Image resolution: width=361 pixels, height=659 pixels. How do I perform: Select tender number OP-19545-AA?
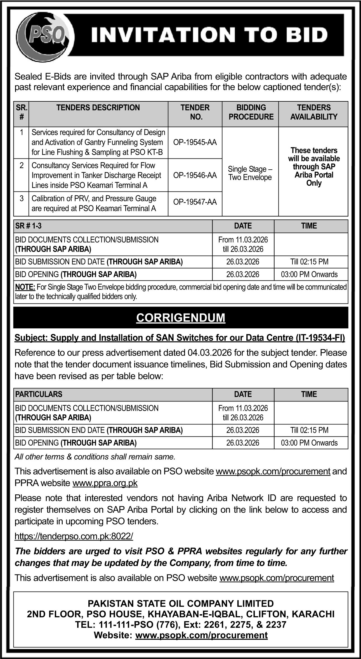click(x=195, y=142)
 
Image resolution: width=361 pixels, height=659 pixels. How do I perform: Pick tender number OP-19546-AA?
click(x=195, y=175)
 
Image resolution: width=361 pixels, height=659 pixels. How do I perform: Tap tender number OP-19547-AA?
click(x=195, y=202)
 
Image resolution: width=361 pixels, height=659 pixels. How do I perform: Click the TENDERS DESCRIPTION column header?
click(x=98, y=108)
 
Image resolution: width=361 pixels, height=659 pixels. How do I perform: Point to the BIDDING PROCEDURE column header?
click(x=251, y=112)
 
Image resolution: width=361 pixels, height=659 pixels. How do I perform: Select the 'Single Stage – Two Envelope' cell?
click(x=250, y=173)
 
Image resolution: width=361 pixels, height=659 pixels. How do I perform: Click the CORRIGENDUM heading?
click(x=181, y=318)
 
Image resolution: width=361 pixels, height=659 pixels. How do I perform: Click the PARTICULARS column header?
click(x=39, y=394)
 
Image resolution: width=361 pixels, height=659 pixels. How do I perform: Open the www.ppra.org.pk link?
click(x=105, y=483)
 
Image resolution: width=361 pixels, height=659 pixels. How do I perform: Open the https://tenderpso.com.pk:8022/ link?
click(x=74, y=536)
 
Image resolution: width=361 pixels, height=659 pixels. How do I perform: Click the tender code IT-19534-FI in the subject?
click(x=320, y=338)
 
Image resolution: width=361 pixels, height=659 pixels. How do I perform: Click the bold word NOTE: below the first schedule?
click(x=25, y=287)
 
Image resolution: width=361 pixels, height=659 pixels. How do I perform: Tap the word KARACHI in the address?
click(x=313, y=614)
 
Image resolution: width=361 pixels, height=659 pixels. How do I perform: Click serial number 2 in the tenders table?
click(x=22, y=165)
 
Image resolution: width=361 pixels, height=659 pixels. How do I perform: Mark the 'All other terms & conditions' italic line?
click(x=95, y=457)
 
